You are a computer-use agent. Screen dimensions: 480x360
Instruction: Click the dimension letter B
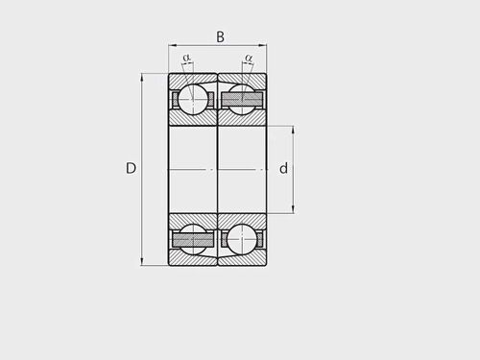click(x=220, y=36)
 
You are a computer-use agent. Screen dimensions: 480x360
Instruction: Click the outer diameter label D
click(x=131, y=168)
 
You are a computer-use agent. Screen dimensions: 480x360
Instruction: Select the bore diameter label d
click(x=283, y=168)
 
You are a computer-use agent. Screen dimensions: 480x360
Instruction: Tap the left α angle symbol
click(x=186, y=58)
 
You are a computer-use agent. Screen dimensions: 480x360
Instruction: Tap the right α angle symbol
click(x=249, y=58)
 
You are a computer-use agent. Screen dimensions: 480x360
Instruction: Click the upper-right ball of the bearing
click(x=242, y=99)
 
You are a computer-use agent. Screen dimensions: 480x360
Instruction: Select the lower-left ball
click(x=193, y=239)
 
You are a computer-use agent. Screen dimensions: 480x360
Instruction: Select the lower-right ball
click(x=242, y=239)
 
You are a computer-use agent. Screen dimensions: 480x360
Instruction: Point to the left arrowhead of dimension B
click(x=172, y=46)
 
